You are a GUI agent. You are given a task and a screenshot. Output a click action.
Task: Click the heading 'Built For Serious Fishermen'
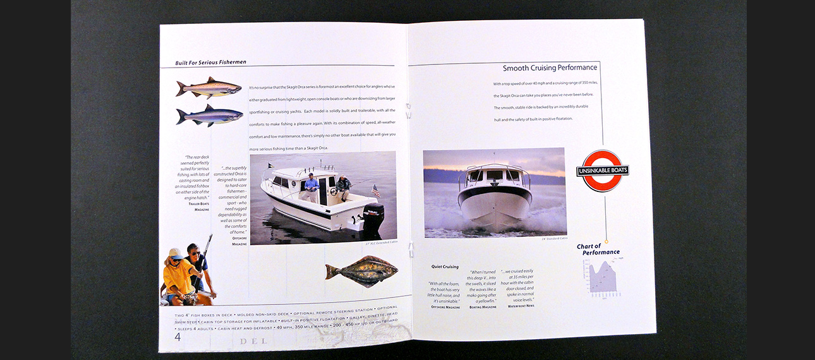coord(211,63)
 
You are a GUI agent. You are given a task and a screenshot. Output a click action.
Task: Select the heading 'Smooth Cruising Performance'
coord(550,68)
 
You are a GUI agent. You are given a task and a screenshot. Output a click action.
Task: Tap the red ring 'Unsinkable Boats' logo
coord(602,171)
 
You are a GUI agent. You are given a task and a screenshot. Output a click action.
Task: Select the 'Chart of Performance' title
coord(598,249)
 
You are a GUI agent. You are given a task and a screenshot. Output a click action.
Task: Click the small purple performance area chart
coord(602,277)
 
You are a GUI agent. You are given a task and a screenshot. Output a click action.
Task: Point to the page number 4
coord(178,337)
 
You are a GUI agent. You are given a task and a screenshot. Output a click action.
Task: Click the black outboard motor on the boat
coord(372,217)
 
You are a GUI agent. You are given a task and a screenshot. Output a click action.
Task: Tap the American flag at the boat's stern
coord(375,190)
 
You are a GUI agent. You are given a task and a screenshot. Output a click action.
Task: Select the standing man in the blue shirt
coord(310,188)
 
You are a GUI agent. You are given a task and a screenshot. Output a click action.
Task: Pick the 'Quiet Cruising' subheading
coord(445,267)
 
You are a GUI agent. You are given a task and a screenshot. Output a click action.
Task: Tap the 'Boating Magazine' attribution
coord(483,307)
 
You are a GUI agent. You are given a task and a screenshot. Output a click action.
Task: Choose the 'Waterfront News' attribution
coord(521,306)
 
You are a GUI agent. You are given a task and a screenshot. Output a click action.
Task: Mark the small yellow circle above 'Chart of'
coord(606,241)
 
